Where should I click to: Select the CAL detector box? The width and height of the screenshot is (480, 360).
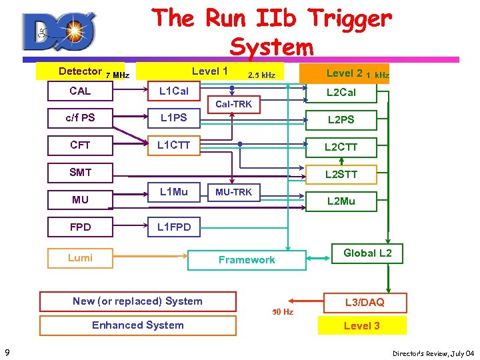pos(80,91)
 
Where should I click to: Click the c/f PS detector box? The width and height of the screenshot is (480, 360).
pos(80,118)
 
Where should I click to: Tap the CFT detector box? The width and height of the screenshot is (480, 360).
pos(80,145)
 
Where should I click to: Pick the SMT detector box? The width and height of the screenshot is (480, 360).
pos(80,172)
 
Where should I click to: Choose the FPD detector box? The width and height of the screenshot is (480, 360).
pos(80,227)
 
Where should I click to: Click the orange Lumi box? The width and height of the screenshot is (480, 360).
pos(80,258)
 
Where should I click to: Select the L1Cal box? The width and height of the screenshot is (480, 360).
pos(173,91)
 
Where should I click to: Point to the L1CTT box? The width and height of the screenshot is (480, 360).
pos(173,145)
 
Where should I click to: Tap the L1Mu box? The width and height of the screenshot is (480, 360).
pos(173,193)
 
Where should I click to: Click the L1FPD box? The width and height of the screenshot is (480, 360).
pos(173,227)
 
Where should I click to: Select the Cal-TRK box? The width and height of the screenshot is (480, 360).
pos(233,104)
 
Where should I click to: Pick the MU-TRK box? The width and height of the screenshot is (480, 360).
pos(233,193)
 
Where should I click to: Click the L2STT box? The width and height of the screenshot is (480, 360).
pos(341,175)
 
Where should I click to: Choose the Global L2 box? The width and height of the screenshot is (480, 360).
pos(367,253)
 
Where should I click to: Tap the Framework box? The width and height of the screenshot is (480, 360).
pos(247,260)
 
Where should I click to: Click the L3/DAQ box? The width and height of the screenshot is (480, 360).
pos(364,302)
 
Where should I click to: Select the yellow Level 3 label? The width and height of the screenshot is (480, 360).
pos(361,325)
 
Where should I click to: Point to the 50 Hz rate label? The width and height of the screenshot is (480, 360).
pos(282,311)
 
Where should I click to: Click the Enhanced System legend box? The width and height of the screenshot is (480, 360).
pos(137,325)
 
